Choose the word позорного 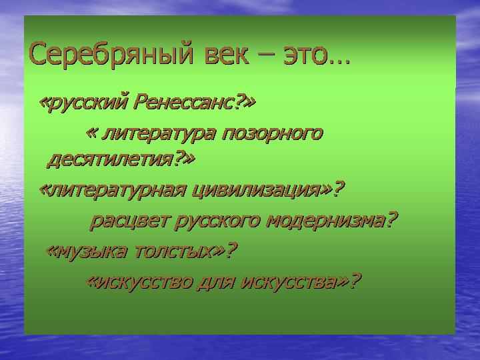point(272,135)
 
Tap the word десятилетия point(110,159)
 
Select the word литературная point(117,190)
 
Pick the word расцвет point(129,221)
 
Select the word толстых point(174,251)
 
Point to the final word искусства point(289,282)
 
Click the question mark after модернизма point(391,219)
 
